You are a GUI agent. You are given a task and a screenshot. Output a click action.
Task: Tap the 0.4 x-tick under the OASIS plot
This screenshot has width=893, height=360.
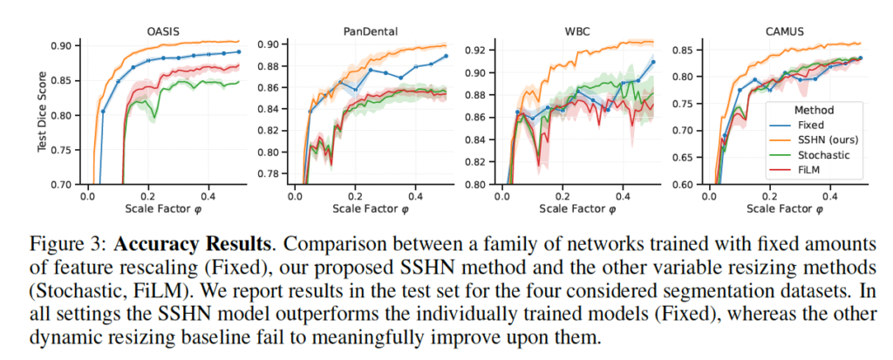pyautogui.click(x=208, y=197)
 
